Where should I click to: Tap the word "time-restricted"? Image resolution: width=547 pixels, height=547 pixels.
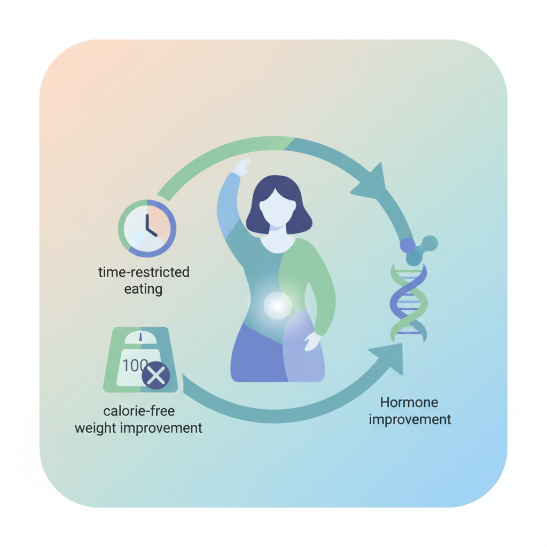(x=144, y=272)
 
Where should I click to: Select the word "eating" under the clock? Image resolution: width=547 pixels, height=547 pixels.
(x=143, y=290)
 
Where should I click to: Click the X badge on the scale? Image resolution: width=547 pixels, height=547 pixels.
(x=155, y=376)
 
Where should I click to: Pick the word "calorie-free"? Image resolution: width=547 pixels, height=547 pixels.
(x=139, y=411)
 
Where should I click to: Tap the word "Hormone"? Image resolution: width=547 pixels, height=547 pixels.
(x=409, y=402)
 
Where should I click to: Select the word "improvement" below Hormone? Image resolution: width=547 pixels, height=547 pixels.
(x=410, y=419)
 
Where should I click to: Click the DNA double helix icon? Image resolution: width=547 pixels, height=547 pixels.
(x=409, y=302)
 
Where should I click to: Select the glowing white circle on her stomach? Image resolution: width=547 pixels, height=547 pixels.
(x=277, y=306)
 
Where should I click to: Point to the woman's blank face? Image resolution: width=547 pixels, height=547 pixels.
(x=276, y=206)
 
